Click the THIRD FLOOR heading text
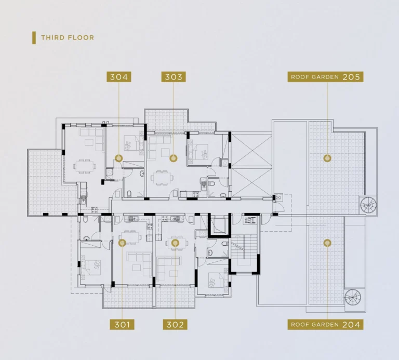tap(68, 37)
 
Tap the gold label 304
tap(119, 77)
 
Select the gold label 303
tap(174, 77)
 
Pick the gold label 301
tap(122, 325)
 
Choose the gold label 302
tap(175, 325)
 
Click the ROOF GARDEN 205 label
tap(325, 77)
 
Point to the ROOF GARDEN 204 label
tap(325, 325)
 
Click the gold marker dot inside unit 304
tap(119, 158)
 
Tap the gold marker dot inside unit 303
tap(174, 158)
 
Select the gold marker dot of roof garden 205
tap(327, 158)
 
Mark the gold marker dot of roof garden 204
tap(327, 243)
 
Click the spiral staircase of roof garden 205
tap(368, 205)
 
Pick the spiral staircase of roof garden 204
tap(353, 297)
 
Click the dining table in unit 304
tap(85, 166)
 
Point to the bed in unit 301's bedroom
tap(91, 268)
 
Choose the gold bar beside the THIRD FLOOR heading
tap(34, 38)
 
